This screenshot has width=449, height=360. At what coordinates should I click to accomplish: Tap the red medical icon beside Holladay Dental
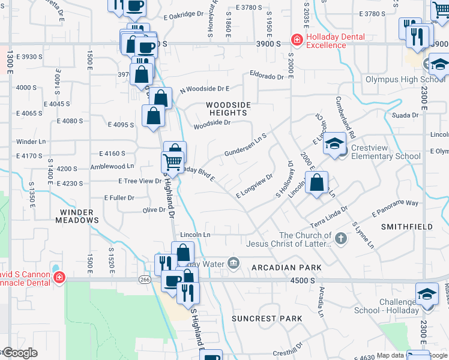pyautogui.click(x=297, y=40)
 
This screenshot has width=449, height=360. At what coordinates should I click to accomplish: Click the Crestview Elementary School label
pyautogui.click(x=386, y=152)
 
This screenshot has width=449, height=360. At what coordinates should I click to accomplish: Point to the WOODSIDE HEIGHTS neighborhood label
pyautogui.click(x=228, y=109)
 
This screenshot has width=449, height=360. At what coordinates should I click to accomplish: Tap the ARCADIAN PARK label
pyautogui.click(x=278, y=268)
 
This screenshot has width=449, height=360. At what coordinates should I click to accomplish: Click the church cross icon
pyautogui.click(x=341, y=239)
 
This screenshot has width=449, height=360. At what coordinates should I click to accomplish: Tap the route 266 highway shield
pyautogui.click(x=145, y=279)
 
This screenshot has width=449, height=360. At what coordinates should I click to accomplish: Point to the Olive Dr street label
pyautogui.click(x=154, y=209)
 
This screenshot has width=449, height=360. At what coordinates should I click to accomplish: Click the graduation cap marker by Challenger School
pyautogui.click(x=427, y=294)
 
